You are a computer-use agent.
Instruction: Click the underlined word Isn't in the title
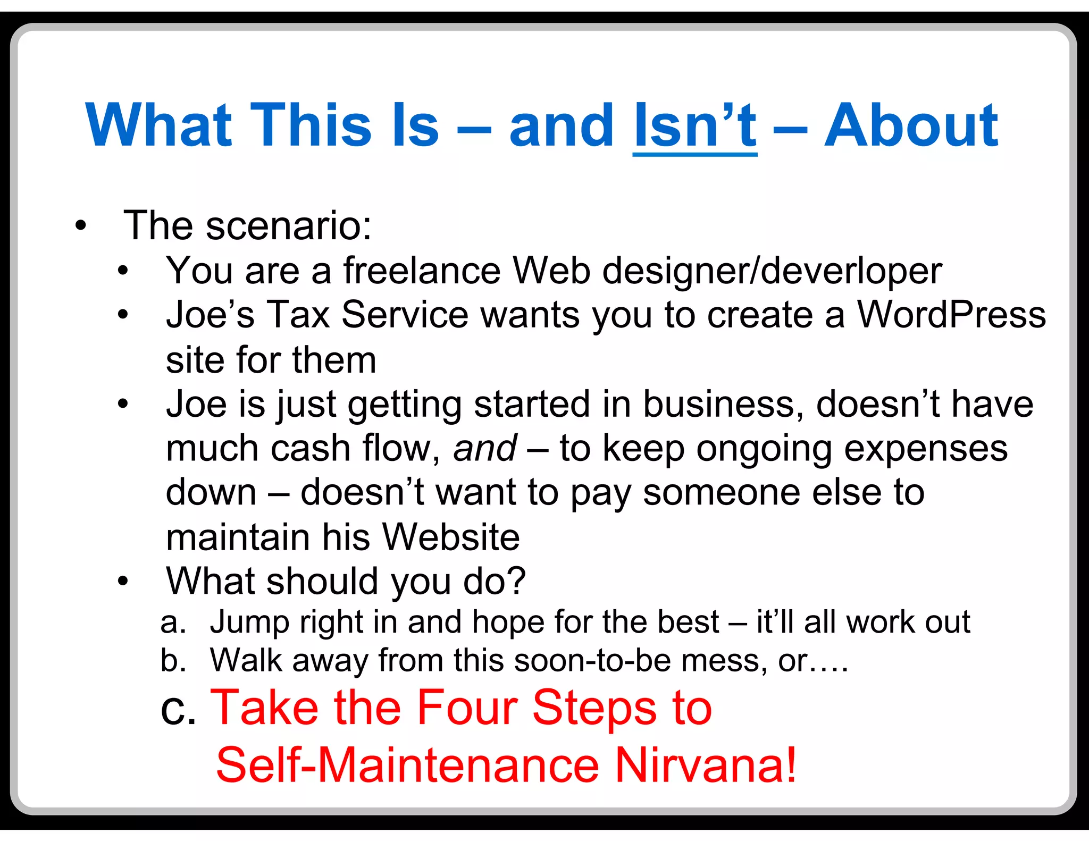(694, 126)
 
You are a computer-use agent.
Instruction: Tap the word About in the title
(911, 126)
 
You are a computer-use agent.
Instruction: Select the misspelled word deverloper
(851, 271)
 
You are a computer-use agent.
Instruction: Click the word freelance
(422, 271)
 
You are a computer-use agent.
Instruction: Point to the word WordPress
(951, 315)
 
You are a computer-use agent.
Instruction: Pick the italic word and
(484, 448)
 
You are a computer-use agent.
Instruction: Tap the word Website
(451, 537)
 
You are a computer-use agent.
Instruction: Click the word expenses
(926, 448)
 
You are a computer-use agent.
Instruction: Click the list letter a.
(173, 623)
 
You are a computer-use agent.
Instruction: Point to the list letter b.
(173, 660)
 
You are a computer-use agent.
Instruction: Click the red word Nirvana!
(706, 766)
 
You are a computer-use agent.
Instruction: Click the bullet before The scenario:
(80, 226)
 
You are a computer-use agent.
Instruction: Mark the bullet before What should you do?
(123, 581)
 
